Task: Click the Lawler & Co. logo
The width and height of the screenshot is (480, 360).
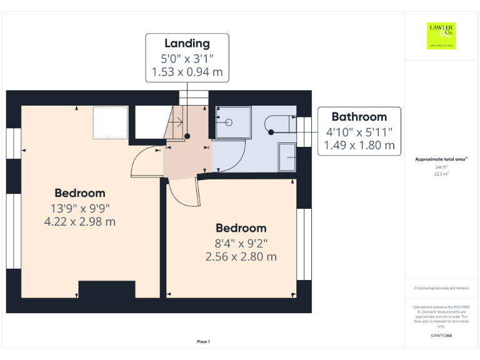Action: (441, 36)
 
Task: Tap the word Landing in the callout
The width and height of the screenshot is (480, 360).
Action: (187, 43)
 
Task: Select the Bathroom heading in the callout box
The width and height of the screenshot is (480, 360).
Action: (359, 116)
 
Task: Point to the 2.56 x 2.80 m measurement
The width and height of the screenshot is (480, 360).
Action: (241, 256)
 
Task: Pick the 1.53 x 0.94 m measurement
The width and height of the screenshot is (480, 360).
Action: (187, 72)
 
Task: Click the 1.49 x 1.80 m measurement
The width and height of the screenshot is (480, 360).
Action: (359, 146)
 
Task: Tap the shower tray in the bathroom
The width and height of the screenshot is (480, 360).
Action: (232, 122)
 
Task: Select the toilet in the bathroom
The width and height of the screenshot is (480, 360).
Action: (279, 124)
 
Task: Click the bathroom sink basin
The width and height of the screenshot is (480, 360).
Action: (288, 156)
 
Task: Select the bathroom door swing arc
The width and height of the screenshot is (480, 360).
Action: (231, 156)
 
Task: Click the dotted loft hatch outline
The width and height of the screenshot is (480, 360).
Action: (111, 122)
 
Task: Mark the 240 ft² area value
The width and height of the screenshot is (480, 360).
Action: (441, 167)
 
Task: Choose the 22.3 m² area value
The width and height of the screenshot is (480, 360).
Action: (441, 174)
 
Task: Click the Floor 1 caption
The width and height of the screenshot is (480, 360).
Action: (204, 341)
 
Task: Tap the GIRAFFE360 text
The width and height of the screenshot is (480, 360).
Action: (441, 336)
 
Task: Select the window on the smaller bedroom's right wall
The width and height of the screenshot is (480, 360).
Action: (303, 244)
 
